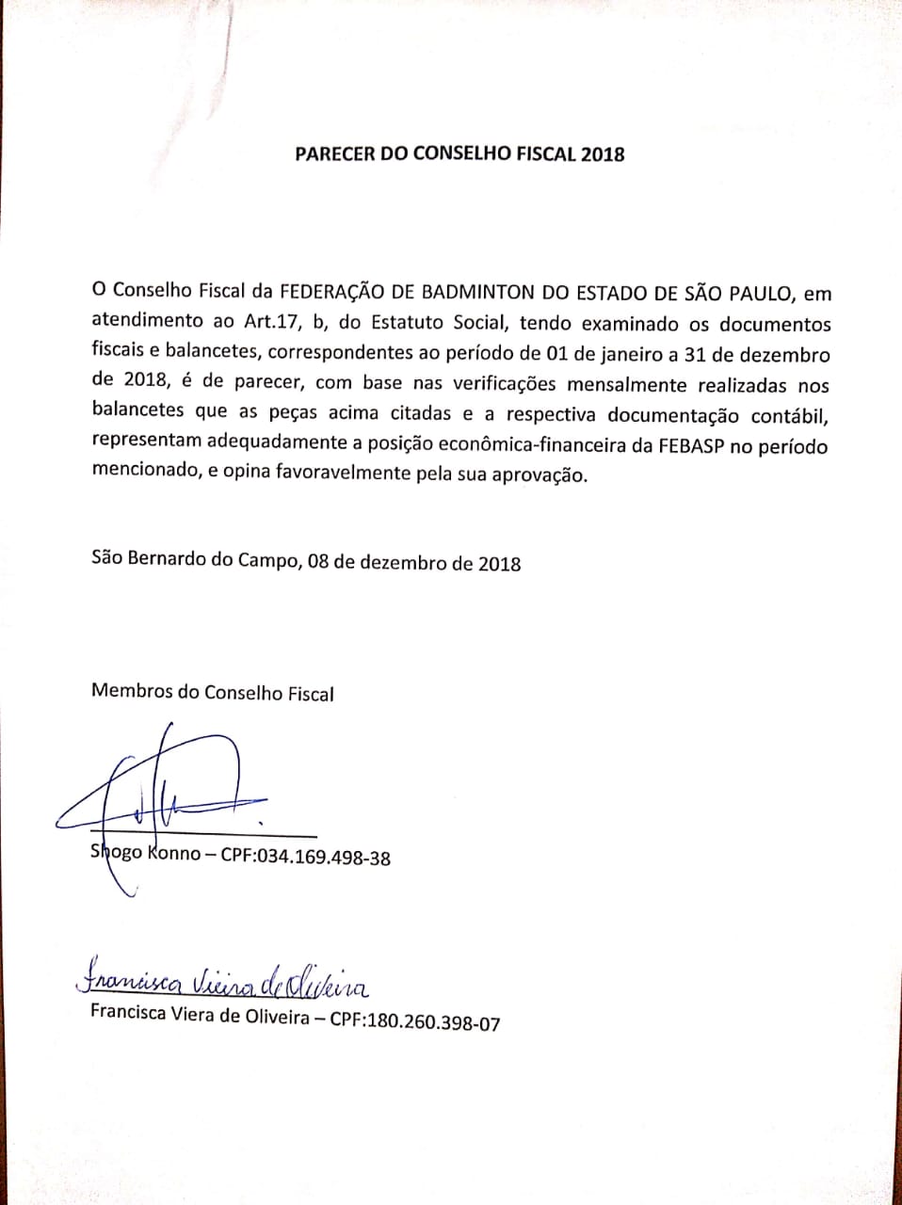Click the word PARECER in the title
tap(335, 153)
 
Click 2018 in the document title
tap(603, 154)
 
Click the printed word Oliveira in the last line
tap(280, 1017)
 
